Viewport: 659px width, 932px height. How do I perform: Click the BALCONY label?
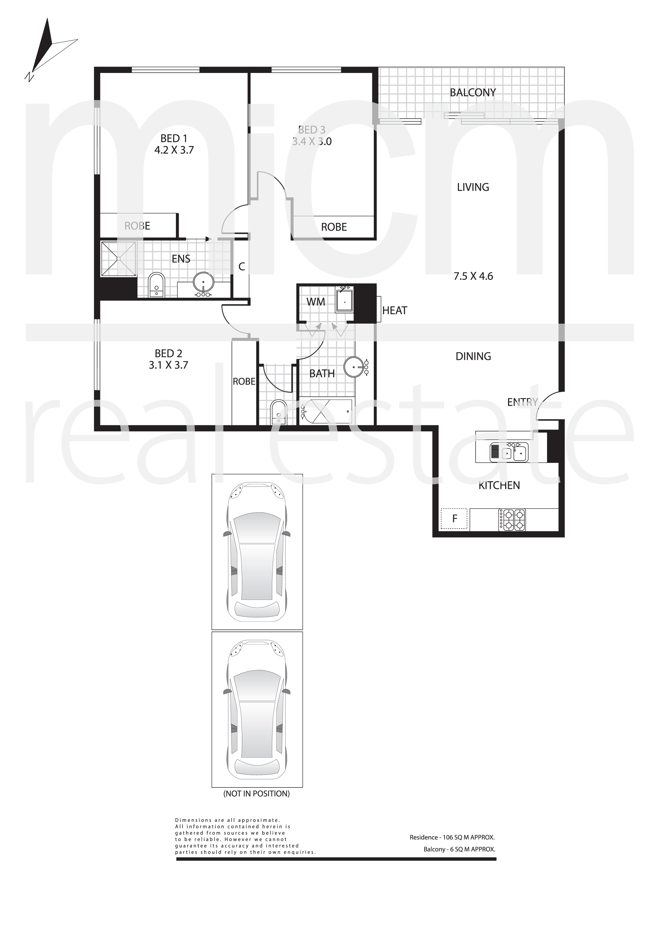[473, 93]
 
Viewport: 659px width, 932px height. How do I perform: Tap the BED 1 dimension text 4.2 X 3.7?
[174, 150]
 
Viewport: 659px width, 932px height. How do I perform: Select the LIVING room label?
[473, 187]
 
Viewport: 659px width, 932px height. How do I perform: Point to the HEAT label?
[395, 310]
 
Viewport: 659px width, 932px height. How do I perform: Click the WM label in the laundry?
[316, 302]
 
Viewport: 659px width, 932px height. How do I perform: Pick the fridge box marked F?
[454, 518]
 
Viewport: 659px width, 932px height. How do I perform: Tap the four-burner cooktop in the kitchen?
[512, 520]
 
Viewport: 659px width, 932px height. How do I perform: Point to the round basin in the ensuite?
[203, 284]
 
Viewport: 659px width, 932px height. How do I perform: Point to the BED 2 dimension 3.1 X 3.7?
[168, 365]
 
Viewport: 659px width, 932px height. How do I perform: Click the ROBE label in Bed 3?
[334, 227]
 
